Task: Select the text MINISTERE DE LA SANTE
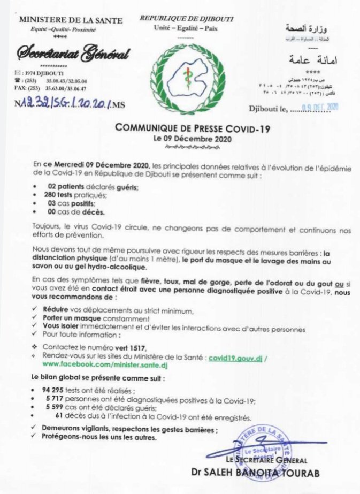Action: pos(71,21)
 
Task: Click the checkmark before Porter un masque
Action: pos(35,320)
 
